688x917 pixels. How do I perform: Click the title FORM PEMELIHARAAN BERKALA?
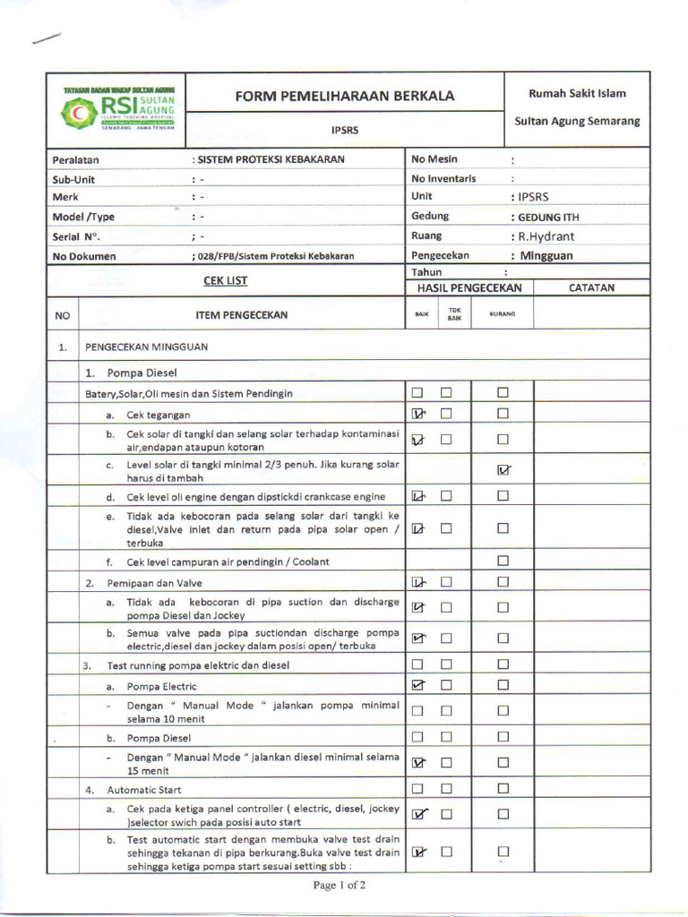345,96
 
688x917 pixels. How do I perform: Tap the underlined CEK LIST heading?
225,280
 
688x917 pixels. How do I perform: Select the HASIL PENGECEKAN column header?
469,287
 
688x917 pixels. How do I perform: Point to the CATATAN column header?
592,287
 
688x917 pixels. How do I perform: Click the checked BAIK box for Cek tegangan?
417,414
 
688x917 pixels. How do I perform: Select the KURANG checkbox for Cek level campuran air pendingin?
503,561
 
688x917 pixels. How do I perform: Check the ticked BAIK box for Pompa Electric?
417,685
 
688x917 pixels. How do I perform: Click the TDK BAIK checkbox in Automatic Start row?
446,789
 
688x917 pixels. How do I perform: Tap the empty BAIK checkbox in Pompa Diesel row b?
417,738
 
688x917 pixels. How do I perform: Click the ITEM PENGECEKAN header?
242,315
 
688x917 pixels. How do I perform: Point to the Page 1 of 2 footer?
340,886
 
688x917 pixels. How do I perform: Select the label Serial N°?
76,236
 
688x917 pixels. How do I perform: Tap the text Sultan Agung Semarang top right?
577,121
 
